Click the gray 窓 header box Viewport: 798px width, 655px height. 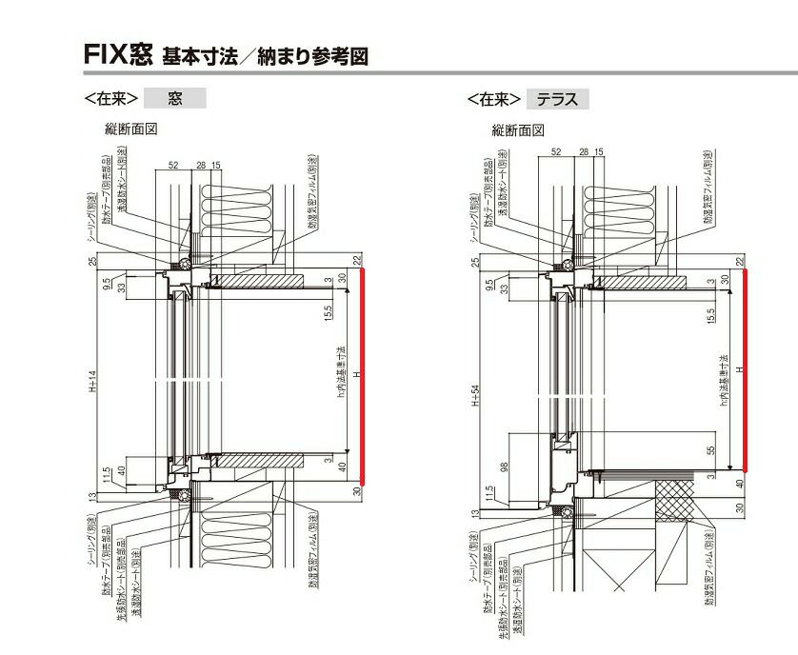(174, 97)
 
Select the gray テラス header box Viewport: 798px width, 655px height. (556, 98)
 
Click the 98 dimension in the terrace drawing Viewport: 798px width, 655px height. (504, 466)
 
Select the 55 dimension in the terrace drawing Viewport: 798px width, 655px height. (712, 453)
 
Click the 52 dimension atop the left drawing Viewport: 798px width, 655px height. (174, 166)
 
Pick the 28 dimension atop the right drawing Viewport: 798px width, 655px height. (584, 151)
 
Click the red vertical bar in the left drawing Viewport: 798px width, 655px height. (362, 376)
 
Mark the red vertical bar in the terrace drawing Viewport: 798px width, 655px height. (744, 369)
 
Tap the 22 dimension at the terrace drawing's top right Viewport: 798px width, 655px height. (740, 260)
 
